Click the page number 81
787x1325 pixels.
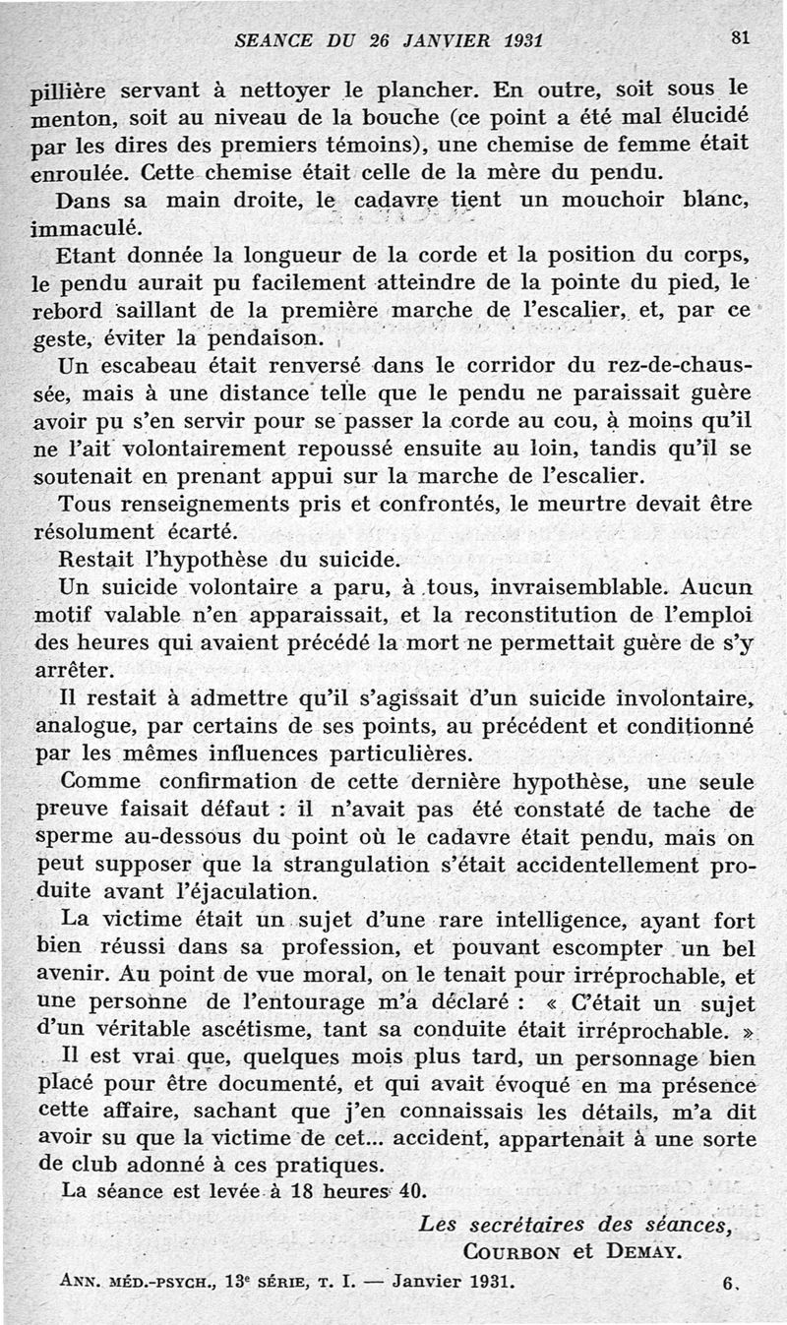click(741, 38)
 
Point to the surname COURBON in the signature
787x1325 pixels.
click(511, 1251)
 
